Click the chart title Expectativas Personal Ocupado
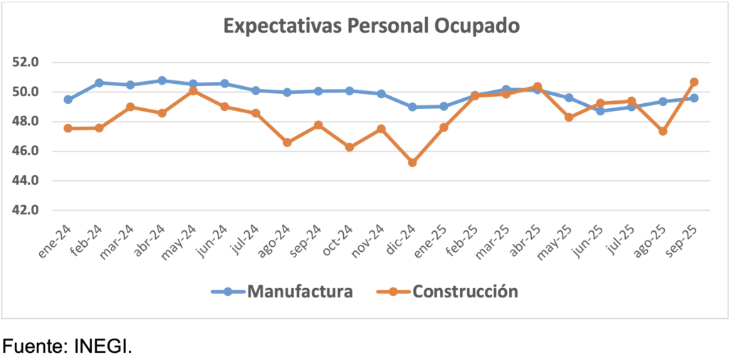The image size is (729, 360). [372, 26]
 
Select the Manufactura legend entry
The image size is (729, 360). [299, 291]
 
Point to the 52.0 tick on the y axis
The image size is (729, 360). [25, 63]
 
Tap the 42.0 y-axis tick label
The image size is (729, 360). [25, 211]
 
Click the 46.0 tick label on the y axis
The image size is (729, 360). [25, 152]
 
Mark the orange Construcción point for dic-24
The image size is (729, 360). [412, 163]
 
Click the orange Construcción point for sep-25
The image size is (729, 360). [694, 82]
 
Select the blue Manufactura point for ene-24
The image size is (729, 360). [68, 100]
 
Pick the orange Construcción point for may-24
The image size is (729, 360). [193, 91]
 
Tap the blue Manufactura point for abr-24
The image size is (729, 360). [162, 80]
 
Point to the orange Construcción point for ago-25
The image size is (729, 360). [663, 132]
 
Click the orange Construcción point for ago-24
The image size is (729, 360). [287, 142]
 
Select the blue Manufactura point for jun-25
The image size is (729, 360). [600, 111]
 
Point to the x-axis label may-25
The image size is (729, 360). [557, 240]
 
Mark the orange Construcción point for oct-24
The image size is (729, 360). [350, 147]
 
